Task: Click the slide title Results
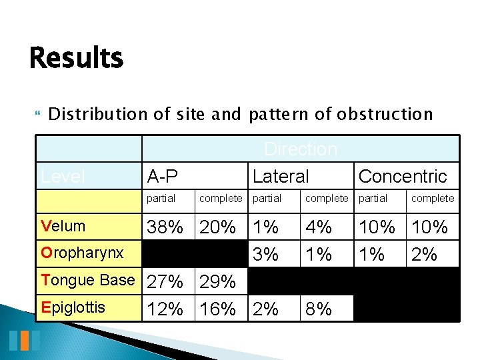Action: [77, 58]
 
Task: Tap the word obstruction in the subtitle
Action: [385, 115]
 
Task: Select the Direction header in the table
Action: [301, 149]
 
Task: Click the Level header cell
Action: [63, 177]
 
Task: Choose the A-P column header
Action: [163, 177]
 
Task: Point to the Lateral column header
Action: [281, 177]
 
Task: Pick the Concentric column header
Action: [403, 177]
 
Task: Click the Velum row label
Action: [63, 226]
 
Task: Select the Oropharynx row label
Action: [82, 253]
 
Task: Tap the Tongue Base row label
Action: [88, 280]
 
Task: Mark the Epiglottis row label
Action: [73, 308]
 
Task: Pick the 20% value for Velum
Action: [218, 227]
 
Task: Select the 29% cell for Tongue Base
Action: [218, 283]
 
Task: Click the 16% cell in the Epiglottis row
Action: [218, 309]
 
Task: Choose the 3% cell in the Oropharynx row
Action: [266, 254]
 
